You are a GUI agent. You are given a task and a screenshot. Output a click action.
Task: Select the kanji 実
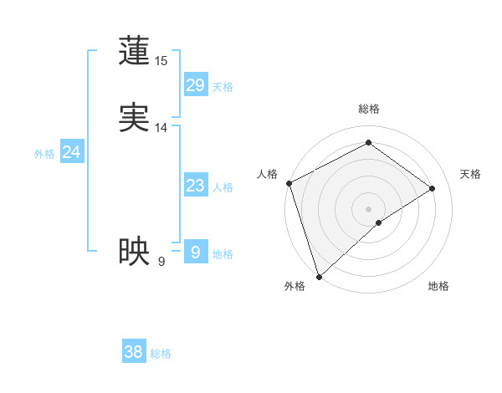[x=134, y=118]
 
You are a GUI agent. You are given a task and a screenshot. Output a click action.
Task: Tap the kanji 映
[x=134, y=251]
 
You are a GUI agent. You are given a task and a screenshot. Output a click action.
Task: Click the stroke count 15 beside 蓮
[x=161, y=61]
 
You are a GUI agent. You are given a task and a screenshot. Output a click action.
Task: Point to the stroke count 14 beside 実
[x=161, y=128]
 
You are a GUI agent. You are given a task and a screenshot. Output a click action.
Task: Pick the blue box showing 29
[x=195, y=85]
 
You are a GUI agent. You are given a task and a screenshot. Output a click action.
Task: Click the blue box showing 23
[x=195, y=186]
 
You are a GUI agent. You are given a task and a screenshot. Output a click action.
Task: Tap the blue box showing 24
[x=72, y=152]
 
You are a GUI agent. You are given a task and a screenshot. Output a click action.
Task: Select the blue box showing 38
[x=133, y=352]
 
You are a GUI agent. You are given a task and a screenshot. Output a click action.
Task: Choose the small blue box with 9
[x=195, y=252]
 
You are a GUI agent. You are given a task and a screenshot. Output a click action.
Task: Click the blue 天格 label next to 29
[x=223, y=87]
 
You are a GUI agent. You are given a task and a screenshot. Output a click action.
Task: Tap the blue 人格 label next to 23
[x=223, y=187]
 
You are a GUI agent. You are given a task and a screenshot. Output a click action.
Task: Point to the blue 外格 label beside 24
[x=44, y=154]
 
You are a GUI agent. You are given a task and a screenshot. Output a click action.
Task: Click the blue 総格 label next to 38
[x=161, y=354]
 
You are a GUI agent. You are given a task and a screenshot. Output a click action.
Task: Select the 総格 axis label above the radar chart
[x=368, y=109]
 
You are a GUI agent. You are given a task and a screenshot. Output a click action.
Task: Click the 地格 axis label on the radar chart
[x=438, y=287]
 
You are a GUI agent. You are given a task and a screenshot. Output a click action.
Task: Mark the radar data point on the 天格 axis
[x=433, y=188]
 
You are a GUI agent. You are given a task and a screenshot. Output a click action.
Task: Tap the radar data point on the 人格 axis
[x=289, y=183]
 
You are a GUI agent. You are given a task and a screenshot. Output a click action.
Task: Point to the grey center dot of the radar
[x=368, y=208]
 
